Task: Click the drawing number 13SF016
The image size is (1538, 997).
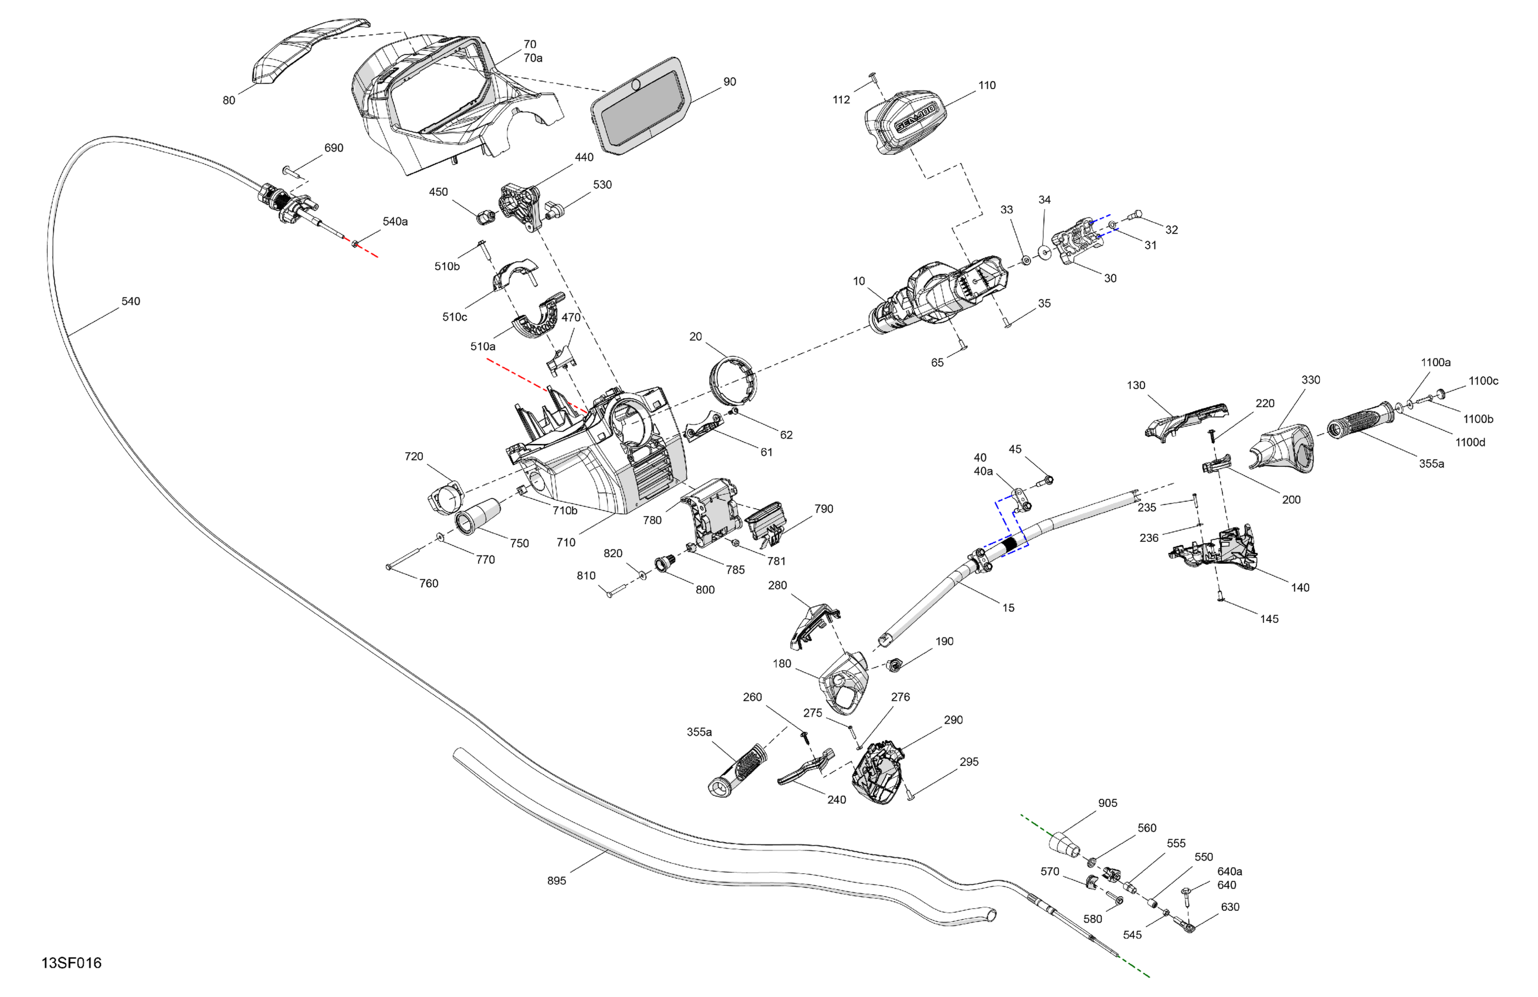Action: (71, 963)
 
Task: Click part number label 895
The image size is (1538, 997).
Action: (557, 881)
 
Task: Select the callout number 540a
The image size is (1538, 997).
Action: (395, 222)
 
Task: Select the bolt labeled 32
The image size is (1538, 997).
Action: (1135, 216)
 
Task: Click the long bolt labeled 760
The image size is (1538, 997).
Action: (404, 558)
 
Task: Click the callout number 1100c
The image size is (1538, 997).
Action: (1483, 381)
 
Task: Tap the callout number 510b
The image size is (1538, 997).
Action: (446, 266)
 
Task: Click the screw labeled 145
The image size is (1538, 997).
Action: (1221, 596)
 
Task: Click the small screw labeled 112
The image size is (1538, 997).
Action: (872, 78)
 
